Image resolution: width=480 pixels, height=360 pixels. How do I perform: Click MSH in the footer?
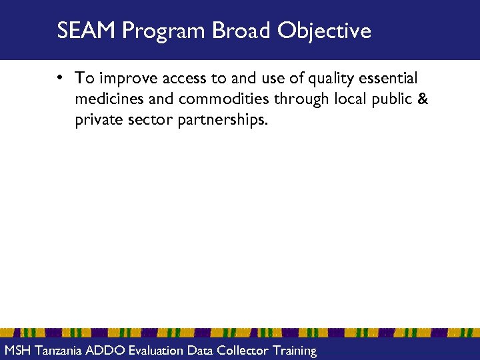(16, 351)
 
